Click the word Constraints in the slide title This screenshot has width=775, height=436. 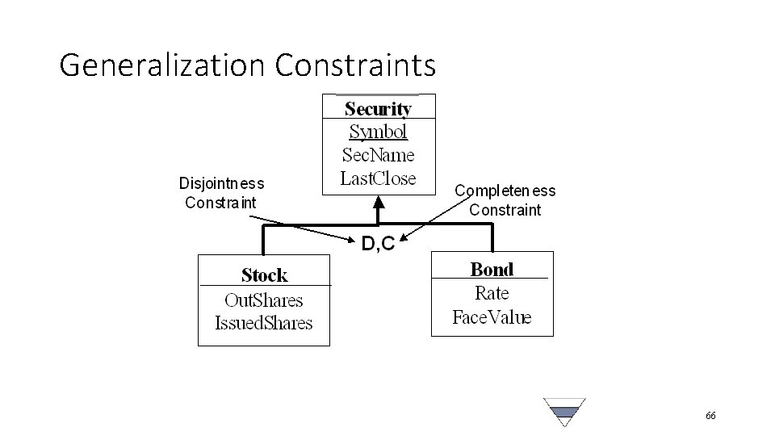pos(355,65)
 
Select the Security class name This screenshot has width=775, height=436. pos(378,108)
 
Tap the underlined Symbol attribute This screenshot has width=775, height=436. pos(378,131)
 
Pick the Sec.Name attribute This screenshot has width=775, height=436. pos(378,154)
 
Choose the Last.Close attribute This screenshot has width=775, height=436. pos(378,178)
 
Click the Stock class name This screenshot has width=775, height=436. pos(264,275)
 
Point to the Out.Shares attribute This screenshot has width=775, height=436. pos(264,300)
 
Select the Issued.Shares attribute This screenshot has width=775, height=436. pos(264,323)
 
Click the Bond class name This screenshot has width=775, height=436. pos(492,269)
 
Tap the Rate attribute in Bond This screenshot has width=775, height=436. pos(492,292)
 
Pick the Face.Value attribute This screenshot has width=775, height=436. pos(492,317)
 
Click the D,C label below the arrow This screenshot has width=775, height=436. pos(378,243)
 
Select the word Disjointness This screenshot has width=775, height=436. pos(221,183)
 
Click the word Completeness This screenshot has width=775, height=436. pos(505,191)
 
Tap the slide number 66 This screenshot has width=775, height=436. pos(710,415)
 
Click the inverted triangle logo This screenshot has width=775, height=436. pos(563,411)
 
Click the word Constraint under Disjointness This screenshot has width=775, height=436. pos(220,203)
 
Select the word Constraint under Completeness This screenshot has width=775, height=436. pos(505,210)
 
